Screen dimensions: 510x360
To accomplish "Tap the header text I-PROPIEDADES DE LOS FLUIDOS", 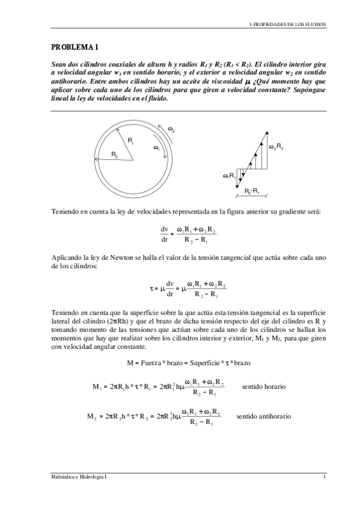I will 287,25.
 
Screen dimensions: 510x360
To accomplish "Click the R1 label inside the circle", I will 130,140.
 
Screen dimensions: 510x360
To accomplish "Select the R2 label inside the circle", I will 114,155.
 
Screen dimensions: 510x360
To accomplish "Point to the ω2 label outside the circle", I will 171,129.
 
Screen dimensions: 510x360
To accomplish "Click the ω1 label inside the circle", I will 156,147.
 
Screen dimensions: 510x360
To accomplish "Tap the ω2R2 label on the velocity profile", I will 276,147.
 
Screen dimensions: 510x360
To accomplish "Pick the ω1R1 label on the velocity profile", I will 229,176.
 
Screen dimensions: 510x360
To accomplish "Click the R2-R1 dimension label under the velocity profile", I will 252,191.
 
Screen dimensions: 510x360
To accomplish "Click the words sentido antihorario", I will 264,416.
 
